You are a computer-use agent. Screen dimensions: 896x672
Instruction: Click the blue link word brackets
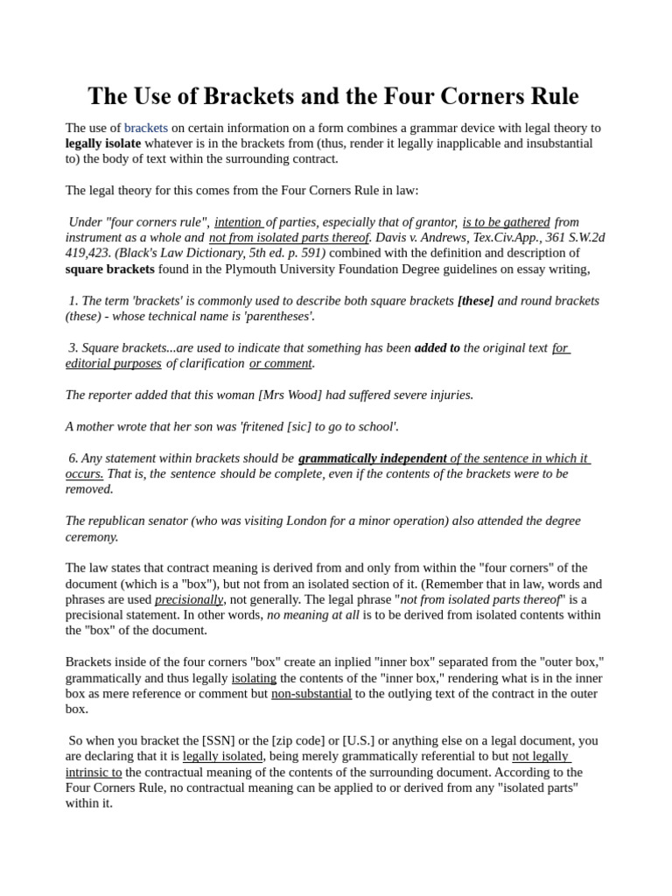(x=145, y=128)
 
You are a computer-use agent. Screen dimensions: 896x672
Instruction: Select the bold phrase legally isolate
(x=102, y=143)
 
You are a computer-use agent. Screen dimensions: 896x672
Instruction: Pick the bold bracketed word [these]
(x=475, y=301)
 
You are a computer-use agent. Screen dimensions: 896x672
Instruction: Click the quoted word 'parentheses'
(x=274, y=317)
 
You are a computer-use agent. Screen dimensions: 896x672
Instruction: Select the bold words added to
(x=437, y=348)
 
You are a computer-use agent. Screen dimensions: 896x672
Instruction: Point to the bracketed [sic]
(x=302, y=427)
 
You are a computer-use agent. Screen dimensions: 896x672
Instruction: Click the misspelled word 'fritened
(x=262, y=427)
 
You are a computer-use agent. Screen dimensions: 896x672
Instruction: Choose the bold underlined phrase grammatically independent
(x=372, y=458)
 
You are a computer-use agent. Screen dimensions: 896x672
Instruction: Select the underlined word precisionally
(x=189, y=600)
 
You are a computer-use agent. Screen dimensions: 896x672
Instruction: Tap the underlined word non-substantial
(x=311, y=694)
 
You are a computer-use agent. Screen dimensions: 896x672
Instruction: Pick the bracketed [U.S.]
(x=359, y=741)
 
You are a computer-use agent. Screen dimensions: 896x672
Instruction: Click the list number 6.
(x=73, y=458)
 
